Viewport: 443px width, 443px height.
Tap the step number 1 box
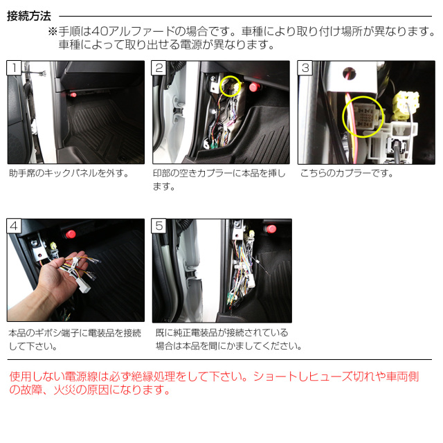pyautogui.click(x=14, y=68)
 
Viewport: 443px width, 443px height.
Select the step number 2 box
pyautogui.click(x=159, y=68)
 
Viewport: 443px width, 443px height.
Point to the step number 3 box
pyautogui.click(x=305, y=68)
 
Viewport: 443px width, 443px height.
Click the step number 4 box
pyautogui.click(x=14, y=226)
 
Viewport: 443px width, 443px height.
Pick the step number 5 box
pyautogui.click(x=159, y=226)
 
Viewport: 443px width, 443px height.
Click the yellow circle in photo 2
pyautogui.click(x=230, y=87)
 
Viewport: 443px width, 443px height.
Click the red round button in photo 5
pyautogui.click(x=271, y=229)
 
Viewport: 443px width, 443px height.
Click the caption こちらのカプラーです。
pyautogui.click(x=347, y=174)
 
